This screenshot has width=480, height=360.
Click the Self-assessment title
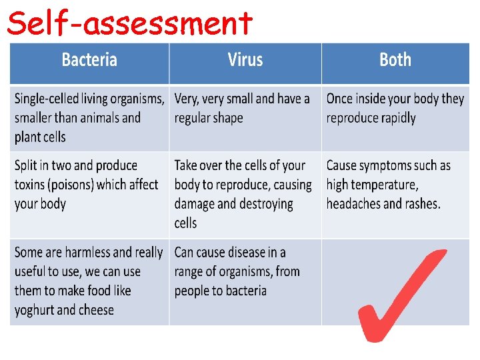click(x=130, y=23)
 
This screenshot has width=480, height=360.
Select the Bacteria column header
click(x=89, y=60)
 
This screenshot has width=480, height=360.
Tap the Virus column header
click(x=245, y=60)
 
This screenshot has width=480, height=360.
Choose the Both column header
click(x=395, y=60)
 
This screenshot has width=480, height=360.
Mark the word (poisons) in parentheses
click(x=81, y=185)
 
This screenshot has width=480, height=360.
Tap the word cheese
click(x=97, y=310)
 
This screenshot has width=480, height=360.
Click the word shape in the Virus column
click(x=227, y=119)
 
